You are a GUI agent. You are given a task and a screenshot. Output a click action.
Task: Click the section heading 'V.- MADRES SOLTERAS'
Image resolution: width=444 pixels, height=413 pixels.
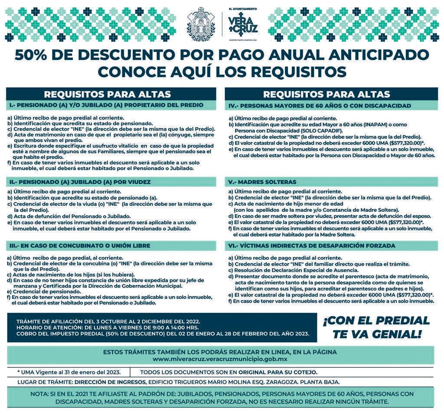[x=263, y=182]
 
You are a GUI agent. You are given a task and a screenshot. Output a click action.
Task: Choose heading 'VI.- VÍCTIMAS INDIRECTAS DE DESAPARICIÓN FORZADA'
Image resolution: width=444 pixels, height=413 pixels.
[x=312, y=246]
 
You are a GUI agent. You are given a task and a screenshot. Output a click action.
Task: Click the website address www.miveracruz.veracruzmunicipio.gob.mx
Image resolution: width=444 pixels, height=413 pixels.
[x=220, y=359]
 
